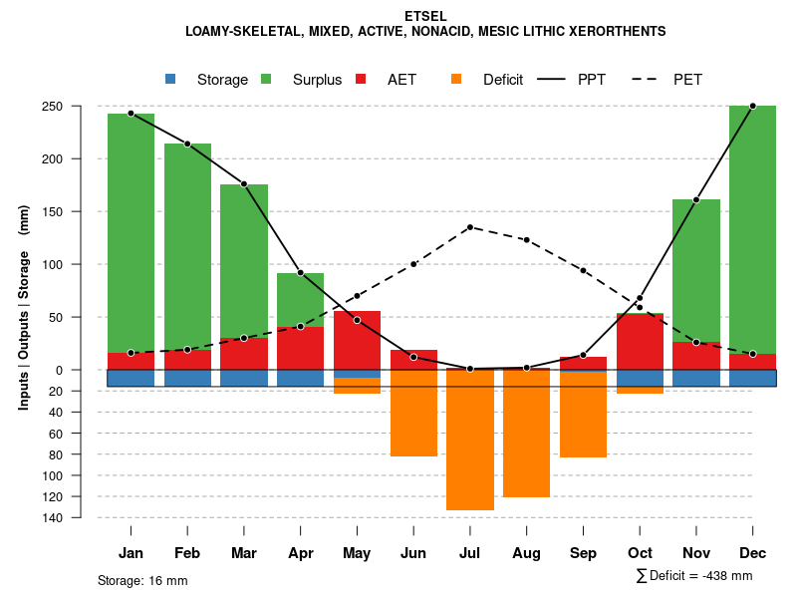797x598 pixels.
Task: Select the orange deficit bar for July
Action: tap(470, 440)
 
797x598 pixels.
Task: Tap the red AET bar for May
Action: tap(357, 340)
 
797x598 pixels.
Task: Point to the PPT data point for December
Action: tap(752, 106)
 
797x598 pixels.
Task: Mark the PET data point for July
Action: tap(469, 227)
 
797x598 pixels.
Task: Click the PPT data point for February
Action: tap(187, 144)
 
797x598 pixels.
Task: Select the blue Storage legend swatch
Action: tap(170, 79)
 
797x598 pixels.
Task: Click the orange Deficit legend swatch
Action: tap(456, 79)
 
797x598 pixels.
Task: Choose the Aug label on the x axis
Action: tap(526, 553)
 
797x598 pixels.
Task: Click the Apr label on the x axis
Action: tap(300, 553)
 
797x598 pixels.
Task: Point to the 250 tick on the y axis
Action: tap(81, 106)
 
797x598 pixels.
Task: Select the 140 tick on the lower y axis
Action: tap(81, 517)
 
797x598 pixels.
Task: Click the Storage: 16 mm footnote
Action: tap(142, 580)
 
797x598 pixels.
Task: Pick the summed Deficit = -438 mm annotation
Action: tap(694, 575)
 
